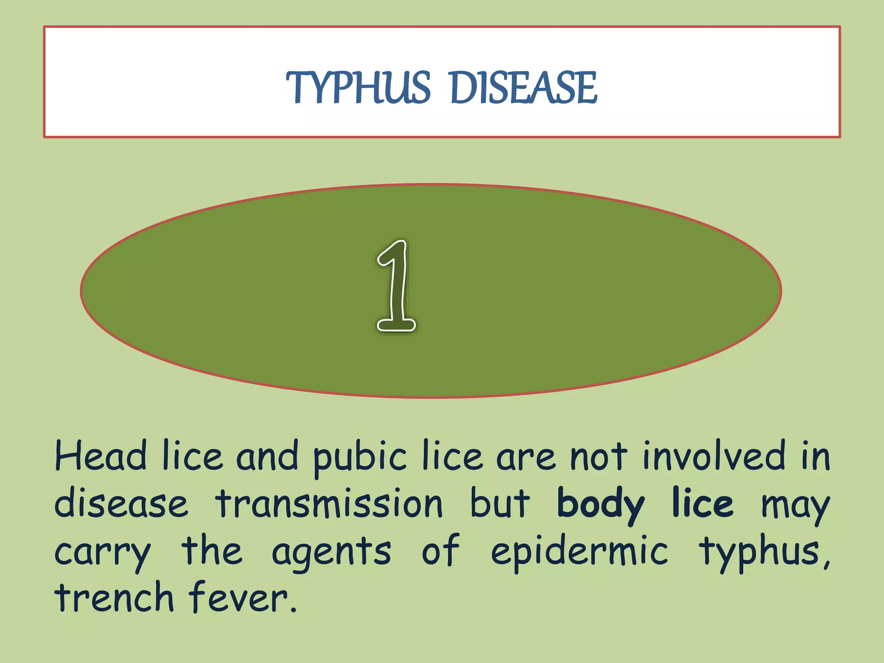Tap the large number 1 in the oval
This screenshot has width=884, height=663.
point(396,286)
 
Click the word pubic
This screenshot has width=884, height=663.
point(360,458)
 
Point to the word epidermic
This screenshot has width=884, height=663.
point(579,552)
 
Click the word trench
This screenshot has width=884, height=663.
point(114,598)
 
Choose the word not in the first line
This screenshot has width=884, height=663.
point(598,457)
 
